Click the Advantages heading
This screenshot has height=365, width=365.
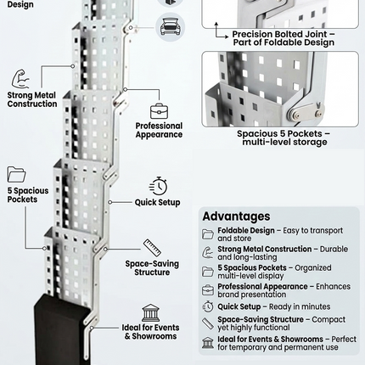(236, 216)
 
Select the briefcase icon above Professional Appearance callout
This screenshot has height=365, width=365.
(159, 110)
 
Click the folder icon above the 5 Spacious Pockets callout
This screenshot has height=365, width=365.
(17, 174)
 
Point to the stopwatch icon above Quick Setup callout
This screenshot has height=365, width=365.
(158, 186)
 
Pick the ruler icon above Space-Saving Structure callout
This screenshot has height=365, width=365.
(153, 248)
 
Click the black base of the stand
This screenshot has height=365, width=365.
(65, 331)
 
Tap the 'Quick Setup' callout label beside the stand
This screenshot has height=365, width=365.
(157, 203)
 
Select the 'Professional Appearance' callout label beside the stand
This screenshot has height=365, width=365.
(159, 130)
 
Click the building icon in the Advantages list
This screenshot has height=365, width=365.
(208, 342)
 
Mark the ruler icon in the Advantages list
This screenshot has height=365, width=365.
(208, 323)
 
